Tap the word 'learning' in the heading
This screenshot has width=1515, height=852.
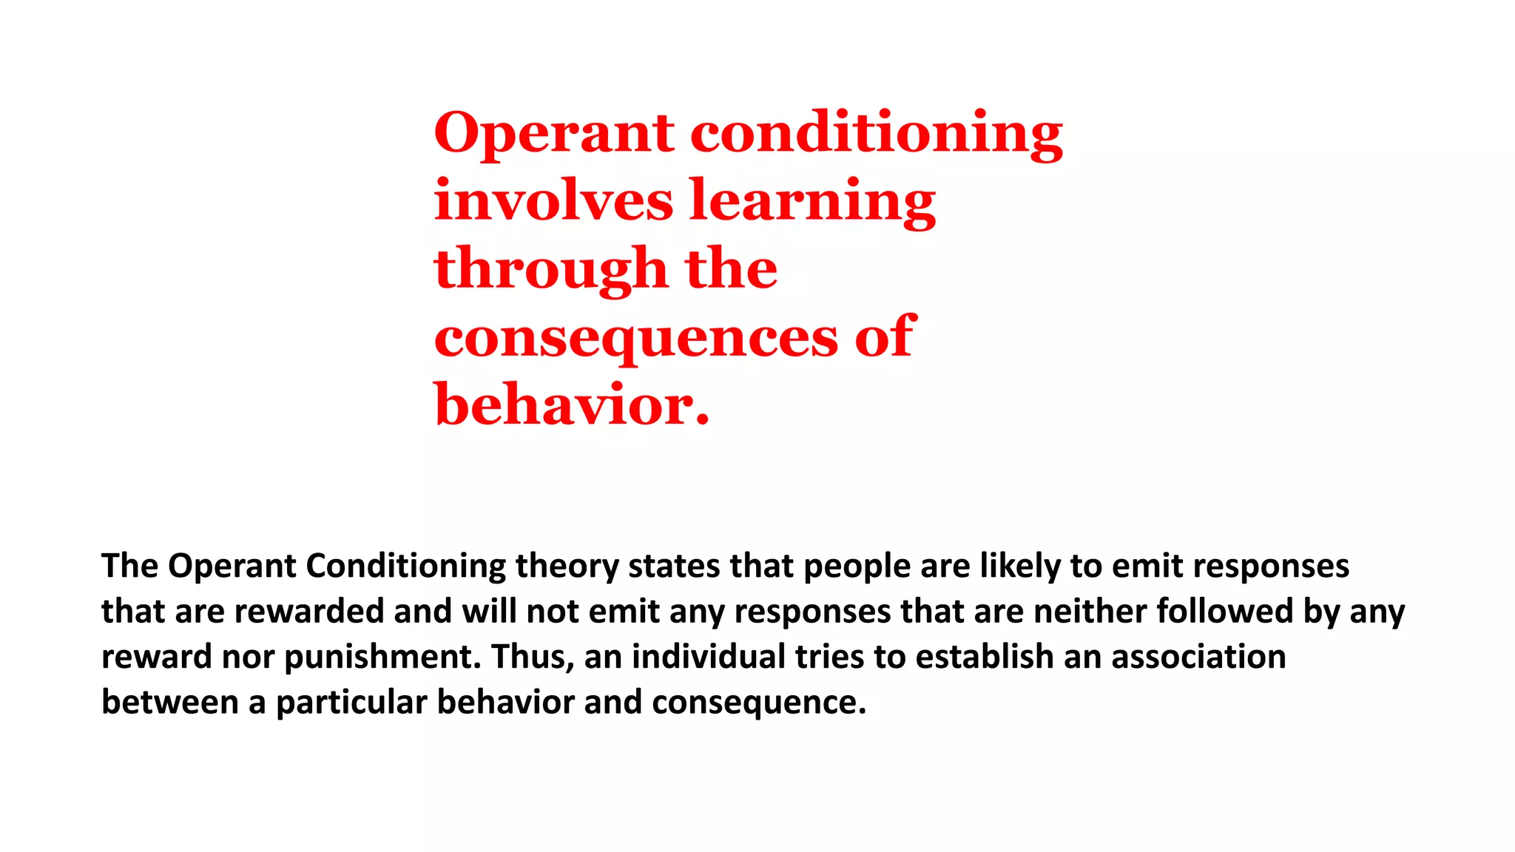(812, 201)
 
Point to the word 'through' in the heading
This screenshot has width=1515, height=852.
(551, 269)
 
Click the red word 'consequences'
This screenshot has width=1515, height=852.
(636, 338)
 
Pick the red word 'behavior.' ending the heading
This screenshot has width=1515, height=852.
(571, 405)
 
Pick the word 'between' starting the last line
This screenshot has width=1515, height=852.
(170, 703)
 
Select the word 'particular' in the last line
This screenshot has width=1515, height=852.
(351, 703)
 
